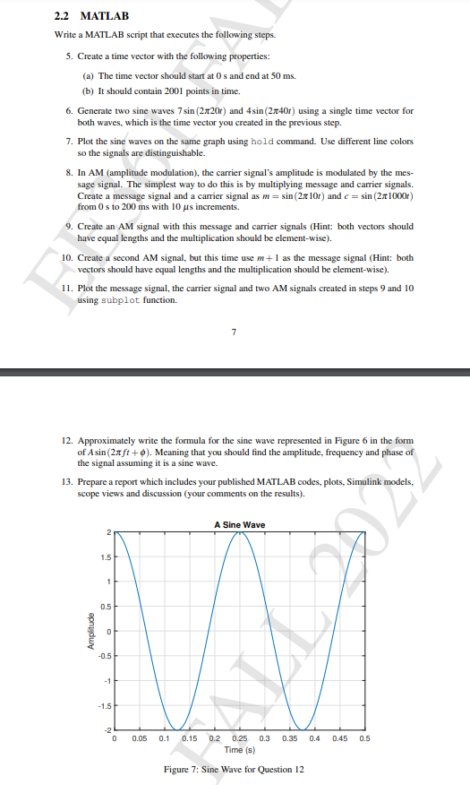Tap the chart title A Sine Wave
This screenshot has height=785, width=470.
click(x=239, y=524)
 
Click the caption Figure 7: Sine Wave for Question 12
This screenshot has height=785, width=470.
click(x=235, y=770)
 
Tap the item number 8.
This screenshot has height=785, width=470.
click(x=69, y=168)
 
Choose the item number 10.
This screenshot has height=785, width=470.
click(x=69, y=257)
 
